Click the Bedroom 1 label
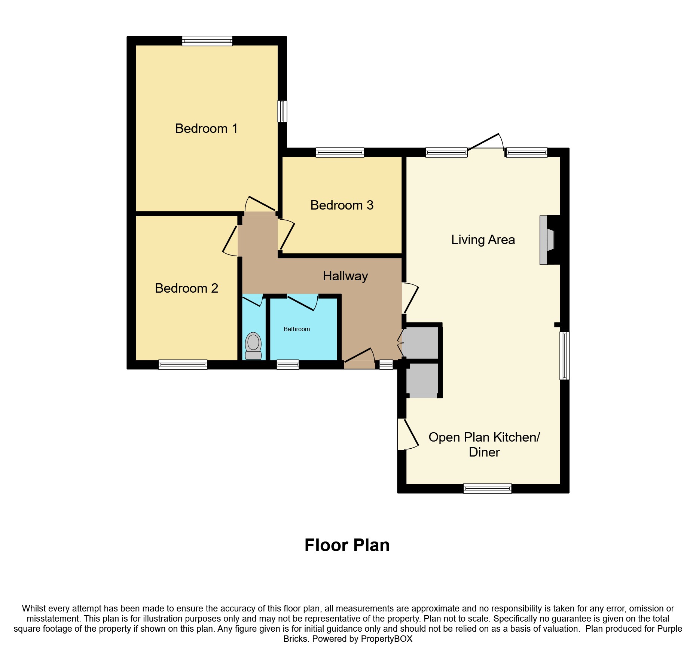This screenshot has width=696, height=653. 206,128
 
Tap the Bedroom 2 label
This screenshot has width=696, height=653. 186,288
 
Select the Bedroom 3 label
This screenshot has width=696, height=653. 342,205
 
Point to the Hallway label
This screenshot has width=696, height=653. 345,276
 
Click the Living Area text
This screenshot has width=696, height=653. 483,239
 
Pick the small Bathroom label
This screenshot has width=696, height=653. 296,329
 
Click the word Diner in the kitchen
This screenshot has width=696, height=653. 484,452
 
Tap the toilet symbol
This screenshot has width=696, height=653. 253,346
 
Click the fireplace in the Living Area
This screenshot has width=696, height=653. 547,240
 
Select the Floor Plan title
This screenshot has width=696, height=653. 347,545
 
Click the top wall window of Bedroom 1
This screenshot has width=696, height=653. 207,41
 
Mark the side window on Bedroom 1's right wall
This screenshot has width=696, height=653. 282,111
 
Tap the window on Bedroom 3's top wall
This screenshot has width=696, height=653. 340,152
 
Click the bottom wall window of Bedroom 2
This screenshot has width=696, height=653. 183,364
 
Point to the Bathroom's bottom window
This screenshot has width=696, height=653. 287,364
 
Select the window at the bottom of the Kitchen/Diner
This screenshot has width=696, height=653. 487,488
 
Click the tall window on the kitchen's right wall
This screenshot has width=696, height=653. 565,356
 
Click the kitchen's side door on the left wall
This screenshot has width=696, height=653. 407,434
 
